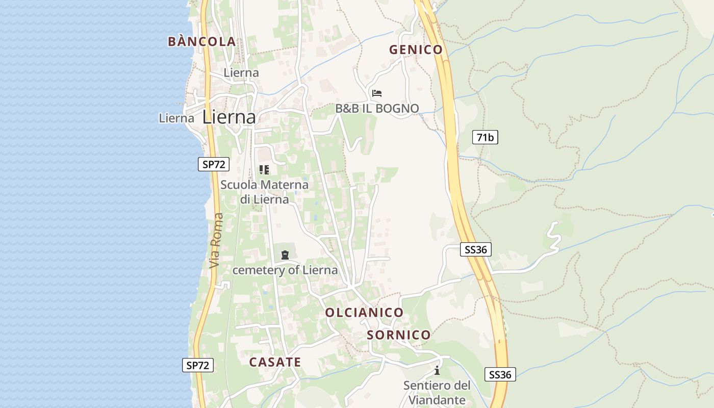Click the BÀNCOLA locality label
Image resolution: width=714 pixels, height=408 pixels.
[x=201, y=42]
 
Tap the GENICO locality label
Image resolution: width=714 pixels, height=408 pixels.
[x=416, y=49]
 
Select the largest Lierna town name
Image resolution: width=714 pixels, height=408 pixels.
[x=229, y=117]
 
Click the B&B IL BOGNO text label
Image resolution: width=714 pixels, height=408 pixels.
[x=377, y=108]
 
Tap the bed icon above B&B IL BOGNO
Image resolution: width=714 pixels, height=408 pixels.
[x=377, y=93]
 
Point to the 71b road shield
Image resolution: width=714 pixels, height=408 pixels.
[x=484, y=137]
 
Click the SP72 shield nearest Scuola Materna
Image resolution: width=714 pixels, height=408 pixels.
[x=214, y=164]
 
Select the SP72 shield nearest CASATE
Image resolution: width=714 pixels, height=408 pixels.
[x=198, y=365]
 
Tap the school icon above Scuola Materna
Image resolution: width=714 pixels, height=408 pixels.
[x=264, y=170]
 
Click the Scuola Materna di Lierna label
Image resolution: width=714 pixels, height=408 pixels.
[x=264, y=192]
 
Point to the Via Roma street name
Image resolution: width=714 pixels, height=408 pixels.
[x=216, y=240]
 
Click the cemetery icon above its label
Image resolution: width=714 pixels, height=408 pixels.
[x=285, y=254]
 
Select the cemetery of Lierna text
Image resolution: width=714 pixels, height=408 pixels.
[x=285, y=270]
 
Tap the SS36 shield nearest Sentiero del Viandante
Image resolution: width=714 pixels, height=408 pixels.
[x=500, y=374]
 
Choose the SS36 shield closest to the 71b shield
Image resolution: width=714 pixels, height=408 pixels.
[x=476, y=249]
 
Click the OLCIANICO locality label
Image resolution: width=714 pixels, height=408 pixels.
[x=364, y=312]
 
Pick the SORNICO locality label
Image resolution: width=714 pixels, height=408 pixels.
[x=399, y=335]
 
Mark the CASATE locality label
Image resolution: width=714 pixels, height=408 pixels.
[x=275, y=362]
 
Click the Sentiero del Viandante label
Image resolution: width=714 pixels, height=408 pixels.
[x=437, y=393]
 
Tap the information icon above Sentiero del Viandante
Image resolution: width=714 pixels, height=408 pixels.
[x=437, y=370]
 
